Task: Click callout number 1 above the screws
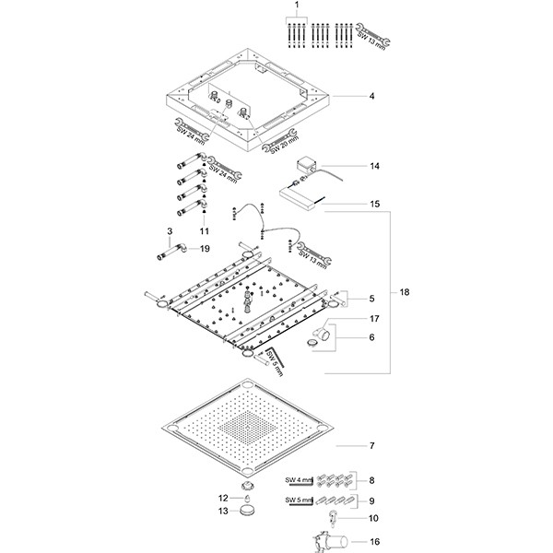(298, 6)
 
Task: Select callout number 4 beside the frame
(371, 96)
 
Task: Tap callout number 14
(374, 167)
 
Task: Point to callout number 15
(374, 203)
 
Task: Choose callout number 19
(205, 248)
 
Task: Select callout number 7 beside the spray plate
(371, 446)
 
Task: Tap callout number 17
(374, 318)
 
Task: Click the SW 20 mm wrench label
(276, 141)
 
